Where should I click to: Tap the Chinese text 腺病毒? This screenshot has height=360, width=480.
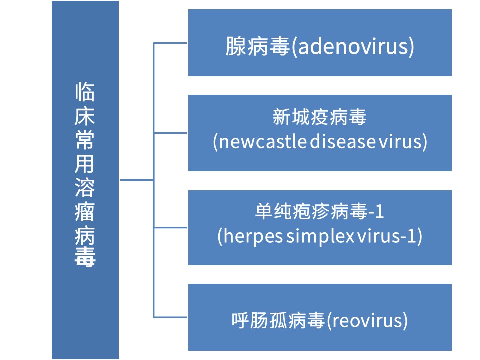coord(258,46)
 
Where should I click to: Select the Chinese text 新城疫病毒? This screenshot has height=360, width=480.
coord(319,117)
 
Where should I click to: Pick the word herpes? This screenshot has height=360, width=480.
coord(253,236)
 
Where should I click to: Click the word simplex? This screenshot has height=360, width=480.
coord(320,236)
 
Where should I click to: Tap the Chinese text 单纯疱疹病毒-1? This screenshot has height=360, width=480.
coord(319,211)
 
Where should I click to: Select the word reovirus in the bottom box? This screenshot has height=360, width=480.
coord(367,321)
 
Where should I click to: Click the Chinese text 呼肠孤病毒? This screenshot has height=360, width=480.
coord(278,321)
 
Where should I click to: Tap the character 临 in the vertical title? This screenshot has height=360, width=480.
coord(85,92)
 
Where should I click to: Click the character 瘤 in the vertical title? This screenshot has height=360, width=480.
coord(85,211)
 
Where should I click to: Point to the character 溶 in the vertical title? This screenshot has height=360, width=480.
coord(85,187)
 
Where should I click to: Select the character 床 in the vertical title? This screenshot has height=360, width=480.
coord(85,116)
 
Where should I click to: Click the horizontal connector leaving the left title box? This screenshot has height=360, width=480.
coord(137,180)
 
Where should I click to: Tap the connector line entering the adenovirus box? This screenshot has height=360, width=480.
coord(170,43)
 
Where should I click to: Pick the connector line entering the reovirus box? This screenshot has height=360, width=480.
coord(170,317)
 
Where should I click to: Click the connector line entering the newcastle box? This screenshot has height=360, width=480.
coord(170,133)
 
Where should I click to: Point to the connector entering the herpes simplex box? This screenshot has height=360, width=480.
coord(170,228)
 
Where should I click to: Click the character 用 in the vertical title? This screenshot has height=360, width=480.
coord(85,164)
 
